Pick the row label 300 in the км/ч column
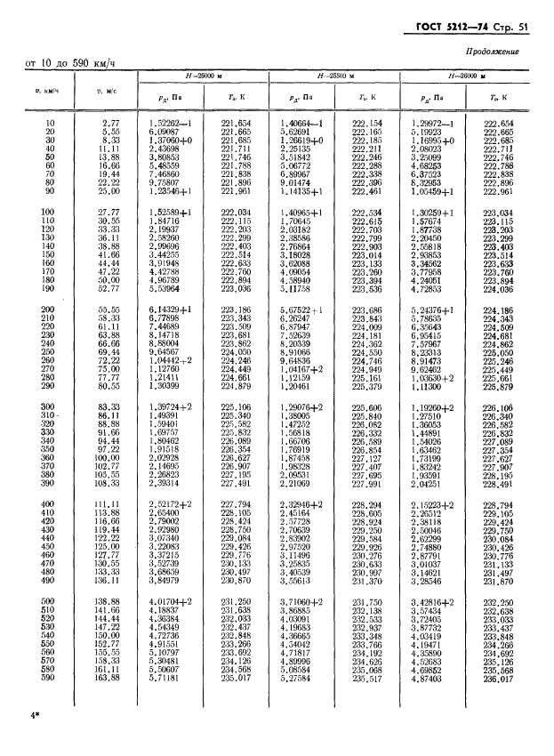click(48, 406)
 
